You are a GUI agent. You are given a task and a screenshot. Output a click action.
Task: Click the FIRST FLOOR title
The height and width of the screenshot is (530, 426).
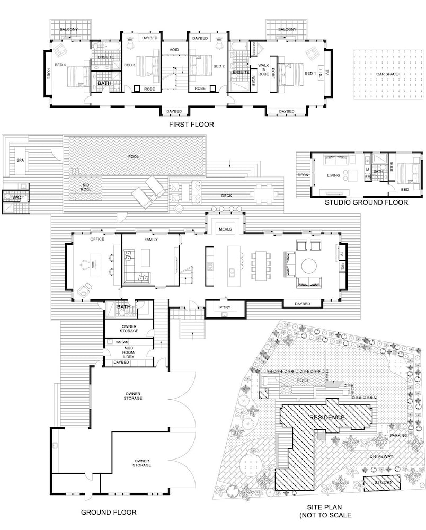coord(191,125)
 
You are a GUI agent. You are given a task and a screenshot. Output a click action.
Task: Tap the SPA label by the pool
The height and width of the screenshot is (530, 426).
coord(20,160)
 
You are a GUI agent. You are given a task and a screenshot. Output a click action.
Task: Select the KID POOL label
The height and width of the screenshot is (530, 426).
coord(86,187)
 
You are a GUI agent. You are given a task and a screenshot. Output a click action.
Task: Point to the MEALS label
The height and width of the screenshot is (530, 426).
coord(225,229)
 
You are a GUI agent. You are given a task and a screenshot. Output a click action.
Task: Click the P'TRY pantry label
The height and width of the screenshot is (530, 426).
coord(225,307)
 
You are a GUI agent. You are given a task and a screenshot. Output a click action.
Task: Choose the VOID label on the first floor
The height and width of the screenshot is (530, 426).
coord(174,50)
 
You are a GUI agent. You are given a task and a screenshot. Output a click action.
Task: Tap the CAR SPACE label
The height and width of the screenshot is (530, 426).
coord(387,74)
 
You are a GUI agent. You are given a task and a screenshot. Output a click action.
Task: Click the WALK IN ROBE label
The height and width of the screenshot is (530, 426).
coord(263,69)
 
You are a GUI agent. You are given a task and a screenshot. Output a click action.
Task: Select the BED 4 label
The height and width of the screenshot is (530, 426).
coord(60,65)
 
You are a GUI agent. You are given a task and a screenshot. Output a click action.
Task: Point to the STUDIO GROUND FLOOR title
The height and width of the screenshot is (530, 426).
coord(366,202)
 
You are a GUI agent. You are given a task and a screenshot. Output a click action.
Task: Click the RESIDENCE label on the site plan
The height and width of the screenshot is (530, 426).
coord(327,418)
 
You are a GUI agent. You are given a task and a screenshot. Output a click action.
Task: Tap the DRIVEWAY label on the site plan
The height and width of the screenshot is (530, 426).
coord(381,456)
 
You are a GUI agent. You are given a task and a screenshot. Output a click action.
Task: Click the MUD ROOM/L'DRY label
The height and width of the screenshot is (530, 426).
coord(129,352)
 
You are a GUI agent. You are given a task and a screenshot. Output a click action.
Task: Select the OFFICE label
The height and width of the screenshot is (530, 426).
coord(97,239)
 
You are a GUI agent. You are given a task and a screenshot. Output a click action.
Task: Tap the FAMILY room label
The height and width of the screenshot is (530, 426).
coord(151,240)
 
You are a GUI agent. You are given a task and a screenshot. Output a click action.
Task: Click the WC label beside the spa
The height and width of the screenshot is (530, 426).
coord(17,197)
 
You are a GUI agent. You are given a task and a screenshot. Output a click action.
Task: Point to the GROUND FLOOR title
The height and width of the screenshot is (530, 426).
coord(109,513)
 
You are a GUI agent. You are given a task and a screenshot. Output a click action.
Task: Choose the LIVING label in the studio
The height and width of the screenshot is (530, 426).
coord(333,175)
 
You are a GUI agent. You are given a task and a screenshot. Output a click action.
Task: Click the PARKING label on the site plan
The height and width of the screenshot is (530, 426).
coord(398,435)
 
